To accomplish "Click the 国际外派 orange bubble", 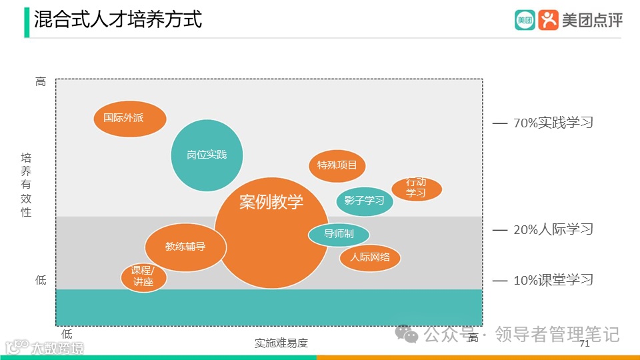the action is click(129, 119).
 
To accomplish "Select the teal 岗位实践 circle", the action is click(207, 155).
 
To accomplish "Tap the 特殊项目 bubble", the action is click(337, 165).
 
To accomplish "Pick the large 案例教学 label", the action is click(271, 201).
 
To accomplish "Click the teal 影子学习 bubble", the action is click(364, 201).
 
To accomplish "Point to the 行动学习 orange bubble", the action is click(416, 189).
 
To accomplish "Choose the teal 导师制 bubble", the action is click(339, 234).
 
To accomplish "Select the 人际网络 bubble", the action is click(370, 257).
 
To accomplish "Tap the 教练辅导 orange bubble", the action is click(185, 247).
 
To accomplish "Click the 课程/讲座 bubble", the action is click(143, 277).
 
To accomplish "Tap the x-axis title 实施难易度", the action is click(281, 343).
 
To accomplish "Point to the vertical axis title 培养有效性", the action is click(26, 185).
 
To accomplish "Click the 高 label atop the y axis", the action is click(41, 82).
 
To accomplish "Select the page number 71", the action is click(585, 344).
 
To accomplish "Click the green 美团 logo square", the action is click(525, 20).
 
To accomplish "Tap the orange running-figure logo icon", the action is click(548, 20).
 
